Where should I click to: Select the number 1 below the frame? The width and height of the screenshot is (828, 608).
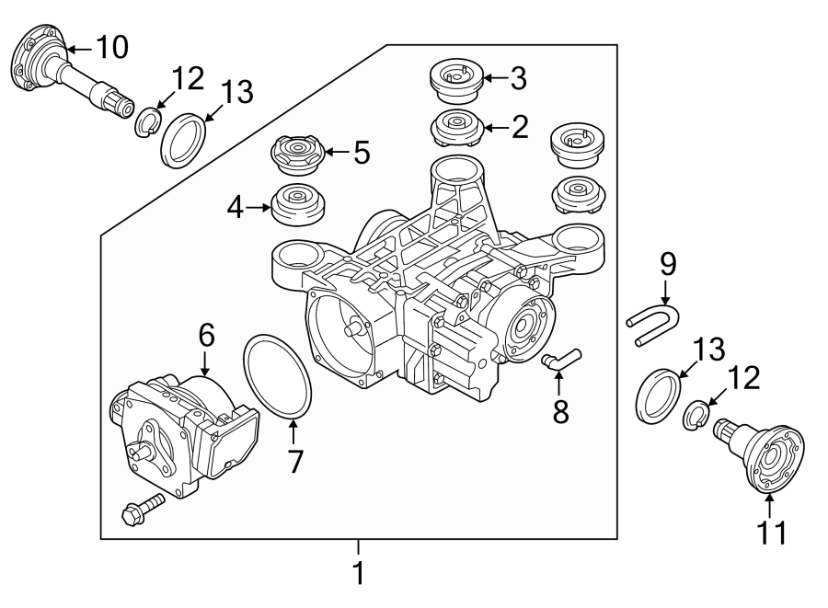click(x=359, y=574)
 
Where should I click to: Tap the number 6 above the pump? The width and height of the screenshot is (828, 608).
click(x=204, y=336)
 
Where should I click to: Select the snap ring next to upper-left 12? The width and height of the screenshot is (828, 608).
click(x=147, y=121)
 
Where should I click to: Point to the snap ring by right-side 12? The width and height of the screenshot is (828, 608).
click(x=696, y=416)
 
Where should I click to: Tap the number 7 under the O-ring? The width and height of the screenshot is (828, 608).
click(x=294, y=460)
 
